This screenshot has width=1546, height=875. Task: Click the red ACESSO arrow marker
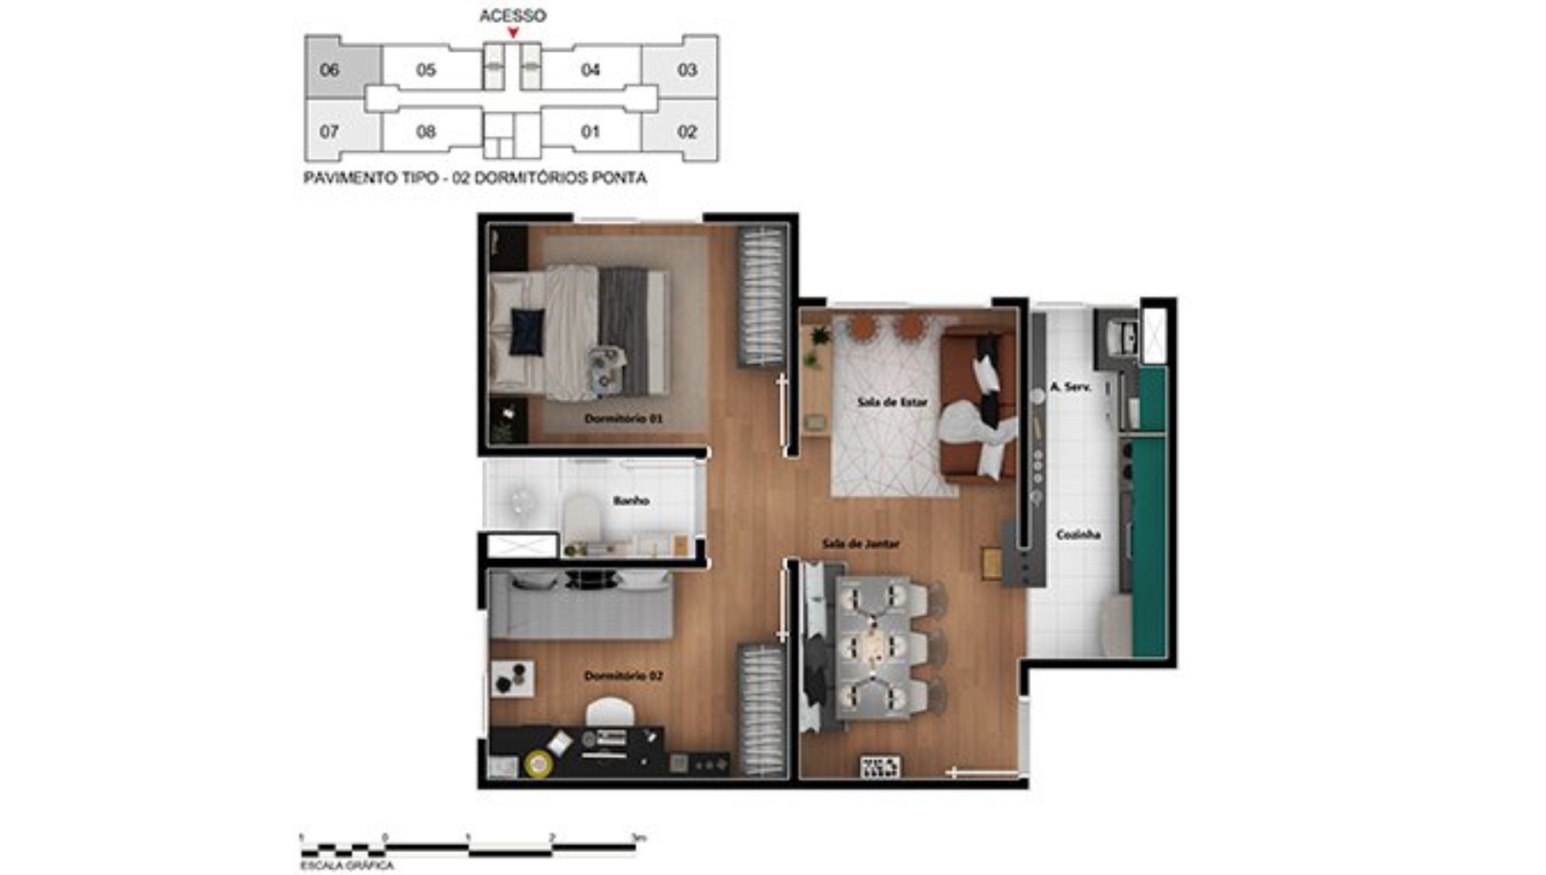click(513, 33)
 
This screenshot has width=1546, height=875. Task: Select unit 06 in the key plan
click(330, 70)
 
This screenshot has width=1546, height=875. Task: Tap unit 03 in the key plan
click(687, 70)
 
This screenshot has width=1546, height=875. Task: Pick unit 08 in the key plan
click(426, 132)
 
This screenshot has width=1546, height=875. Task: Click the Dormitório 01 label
click(623, 419)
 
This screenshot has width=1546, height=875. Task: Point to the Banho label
click(631, 501)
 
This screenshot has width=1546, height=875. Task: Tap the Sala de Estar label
click(892, 402)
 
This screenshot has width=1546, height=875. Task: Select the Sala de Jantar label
click(860, 543)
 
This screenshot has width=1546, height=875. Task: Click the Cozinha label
click(1078, 535)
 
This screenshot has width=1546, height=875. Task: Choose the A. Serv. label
click(1070, 387)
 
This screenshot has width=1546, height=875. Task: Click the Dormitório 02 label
click(623, 676)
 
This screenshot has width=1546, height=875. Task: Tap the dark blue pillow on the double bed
click(526, 331)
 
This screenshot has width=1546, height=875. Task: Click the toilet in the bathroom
click(582, 518)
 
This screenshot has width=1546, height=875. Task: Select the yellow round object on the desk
click(538, 763)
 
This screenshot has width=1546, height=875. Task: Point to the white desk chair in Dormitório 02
click(610, 711)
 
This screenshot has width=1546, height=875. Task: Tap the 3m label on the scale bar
click(638, 837)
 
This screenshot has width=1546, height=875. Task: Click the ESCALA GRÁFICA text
click(347, 866)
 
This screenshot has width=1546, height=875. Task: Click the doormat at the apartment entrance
click(879, 766)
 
